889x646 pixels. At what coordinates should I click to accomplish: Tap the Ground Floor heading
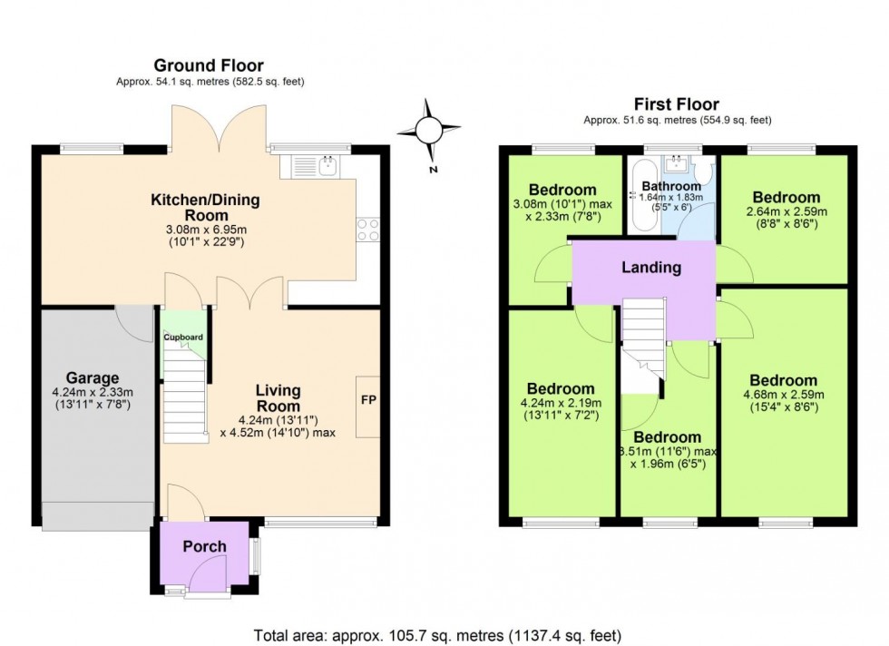[209, 65]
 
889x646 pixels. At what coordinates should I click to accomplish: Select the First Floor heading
[678, 104]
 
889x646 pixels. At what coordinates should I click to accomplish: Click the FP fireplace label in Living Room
[369, 400]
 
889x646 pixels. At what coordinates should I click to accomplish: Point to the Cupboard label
[183, 338]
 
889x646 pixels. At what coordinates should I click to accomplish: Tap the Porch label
[204, 546]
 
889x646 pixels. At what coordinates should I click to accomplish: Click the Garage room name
[93, 378]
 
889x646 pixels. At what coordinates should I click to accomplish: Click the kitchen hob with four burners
[367, 230]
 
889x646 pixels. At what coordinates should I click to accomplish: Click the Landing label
[650, 268]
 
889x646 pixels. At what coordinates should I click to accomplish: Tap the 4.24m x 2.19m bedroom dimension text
[562, 409]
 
